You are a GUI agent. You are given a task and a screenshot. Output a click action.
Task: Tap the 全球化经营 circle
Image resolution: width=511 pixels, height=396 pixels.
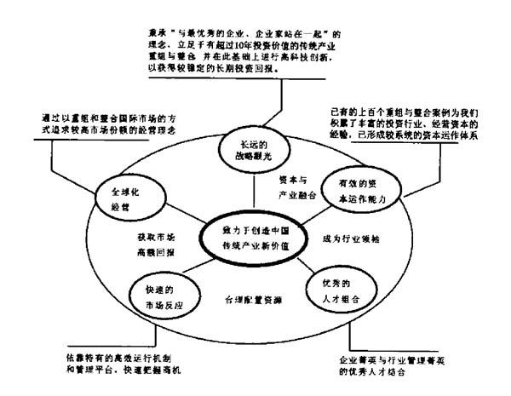pos(128,198)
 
